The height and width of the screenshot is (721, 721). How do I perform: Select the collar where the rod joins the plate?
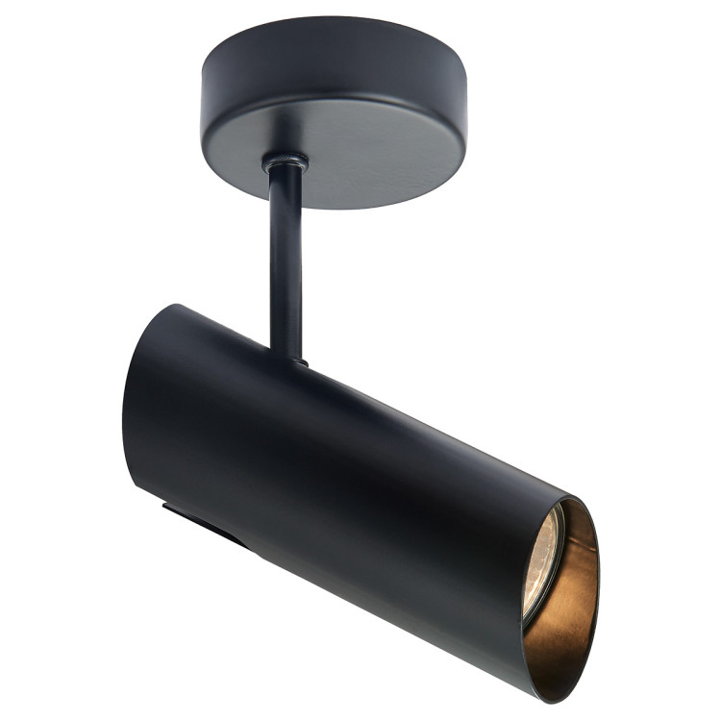click(x=286, y=163)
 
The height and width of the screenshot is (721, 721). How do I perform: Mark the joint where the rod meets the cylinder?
click(x=287, y=358)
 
